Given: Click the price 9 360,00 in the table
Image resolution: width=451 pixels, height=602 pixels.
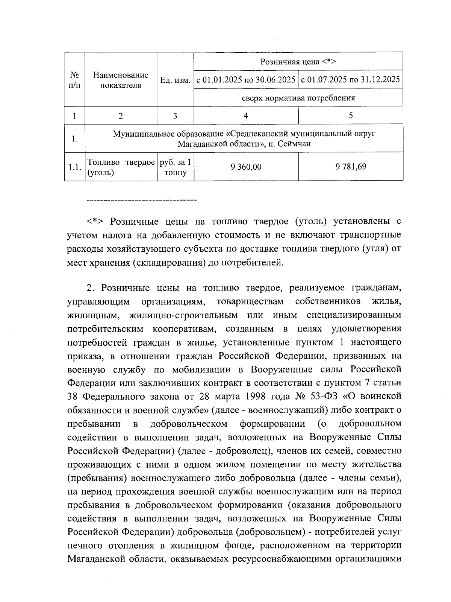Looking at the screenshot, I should (246, 167).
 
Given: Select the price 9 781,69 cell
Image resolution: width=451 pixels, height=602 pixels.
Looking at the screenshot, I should (351, 167).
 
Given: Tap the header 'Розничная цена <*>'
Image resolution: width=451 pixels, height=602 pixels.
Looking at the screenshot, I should (298, 62).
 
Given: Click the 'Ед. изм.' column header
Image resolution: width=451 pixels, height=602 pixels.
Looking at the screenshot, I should (175, 80).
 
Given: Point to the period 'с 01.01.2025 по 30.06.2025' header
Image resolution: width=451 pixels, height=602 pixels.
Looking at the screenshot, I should (246, 80).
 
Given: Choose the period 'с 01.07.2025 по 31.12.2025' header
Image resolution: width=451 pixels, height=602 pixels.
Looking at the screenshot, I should (351, 80).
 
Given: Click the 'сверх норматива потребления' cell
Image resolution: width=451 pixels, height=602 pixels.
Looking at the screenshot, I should (298, 98).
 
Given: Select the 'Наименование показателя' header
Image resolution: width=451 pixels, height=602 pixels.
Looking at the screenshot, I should (121, 80).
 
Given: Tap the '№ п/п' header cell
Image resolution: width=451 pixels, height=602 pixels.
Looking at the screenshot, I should (74, 80).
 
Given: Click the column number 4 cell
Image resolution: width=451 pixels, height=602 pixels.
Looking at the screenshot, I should (246, 116).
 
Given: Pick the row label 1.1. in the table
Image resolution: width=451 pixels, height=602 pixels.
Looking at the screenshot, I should (74, 167).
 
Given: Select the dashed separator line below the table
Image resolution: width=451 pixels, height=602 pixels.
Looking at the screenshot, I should (141, 199).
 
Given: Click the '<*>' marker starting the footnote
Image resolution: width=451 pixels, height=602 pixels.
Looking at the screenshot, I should (96, 221).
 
